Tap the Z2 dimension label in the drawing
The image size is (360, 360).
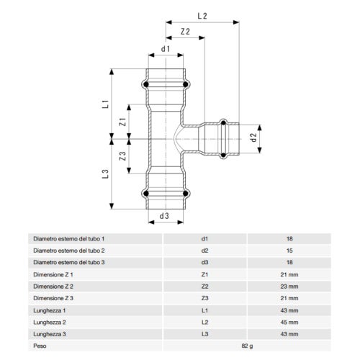[185, 32]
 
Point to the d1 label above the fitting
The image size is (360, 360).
[165, 50]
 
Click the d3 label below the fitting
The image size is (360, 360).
[164, 216]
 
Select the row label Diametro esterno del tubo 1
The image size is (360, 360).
[69, 238]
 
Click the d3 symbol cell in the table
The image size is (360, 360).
[204, 261]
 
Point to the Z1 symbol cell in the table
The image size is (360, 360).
[204, 273]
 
